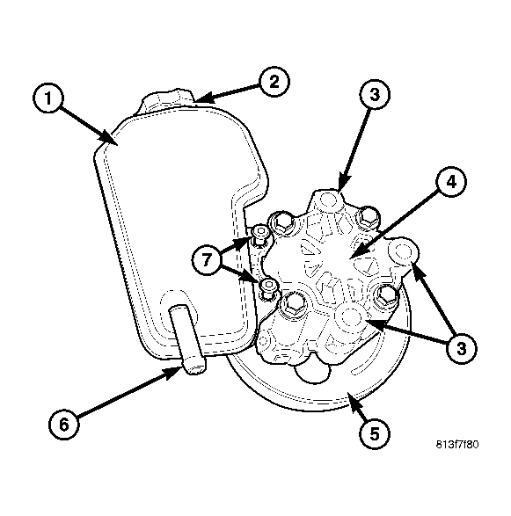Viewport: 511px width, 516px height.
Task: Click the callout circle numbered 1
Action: coord(48,98)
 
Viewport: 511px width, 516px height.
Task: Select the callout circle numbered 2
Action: coord(274,81)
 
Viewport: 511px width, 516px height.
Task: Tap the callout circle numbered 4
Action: coord(451,181)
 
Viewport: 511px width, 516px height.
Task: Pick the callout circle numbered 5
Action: coord(375,434)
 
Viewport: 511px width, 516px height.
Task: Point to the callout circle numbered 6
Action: coord(64,424)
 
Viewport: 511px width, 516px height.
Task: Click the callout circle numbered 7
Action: coord(207,260)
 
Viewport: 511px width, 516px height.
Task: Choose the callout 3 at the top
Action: coord(375,94)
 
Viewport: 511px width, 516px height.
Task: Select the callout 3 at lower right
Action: coord(461,348)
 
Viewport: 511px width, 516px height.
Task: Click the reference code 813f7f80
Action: coord(457,445)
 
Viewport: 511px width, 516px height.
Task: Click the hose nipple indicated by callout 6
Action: coord(188,339)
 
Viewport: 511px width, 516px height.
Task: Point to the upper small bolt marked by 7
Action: coord(259,235)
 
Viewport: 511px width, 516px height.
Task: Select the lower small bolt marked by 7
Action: coord(268,287)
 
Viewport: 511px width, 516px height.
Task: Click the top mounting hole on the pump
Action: coord(329,200)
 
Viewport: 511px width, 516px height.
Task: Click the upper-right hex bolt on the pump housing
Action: coord(369,217)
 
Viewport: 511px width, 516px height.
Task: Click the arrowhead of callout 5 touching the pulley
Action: coord(352,400)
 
